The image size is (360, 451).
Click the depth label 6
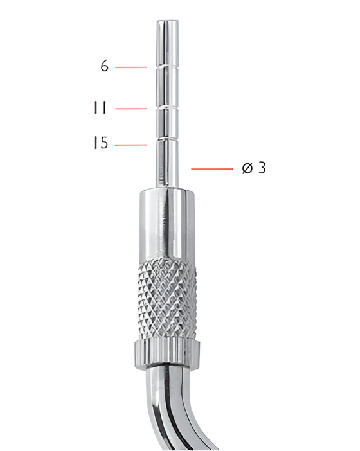[104, 66]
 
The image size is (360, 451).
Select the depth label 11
[100, 109]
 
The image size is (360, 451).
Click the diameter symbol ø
[247, 168]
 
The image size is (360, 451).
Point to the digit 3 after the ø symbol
[262, 168]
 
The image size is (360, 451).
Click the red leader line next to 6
[131, 66]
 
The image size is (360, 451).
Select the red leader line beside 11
[131, 109]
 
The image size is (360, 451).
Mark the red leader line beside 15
[131, 145]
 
